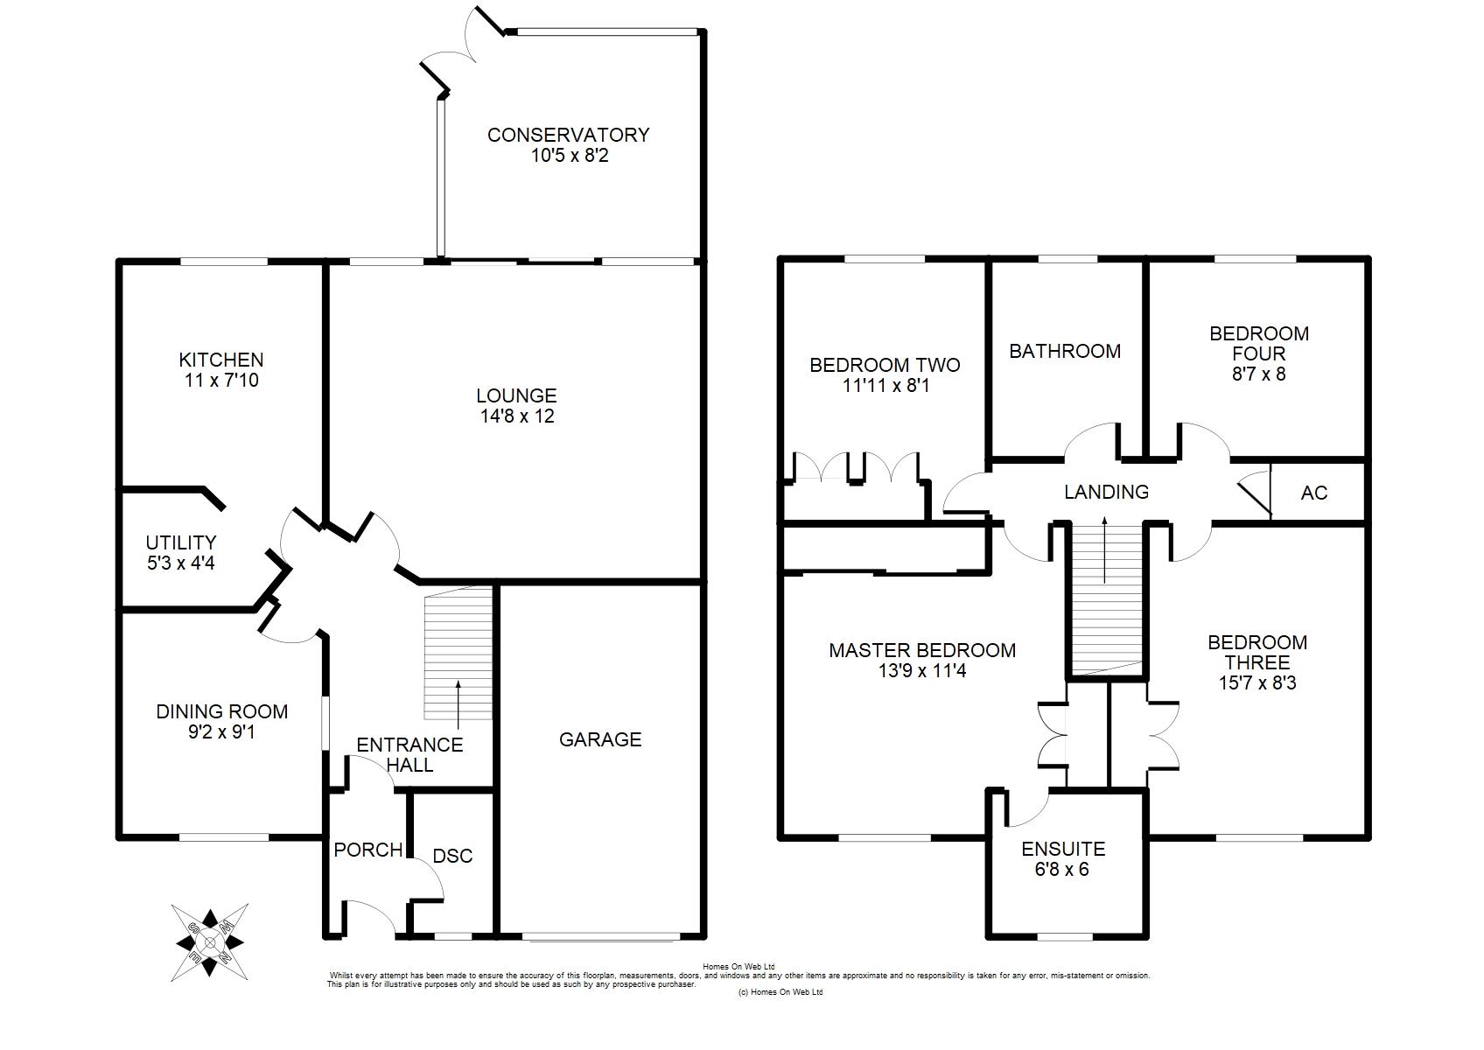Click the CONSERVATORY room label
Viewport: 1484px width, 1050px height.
tap(569, 135)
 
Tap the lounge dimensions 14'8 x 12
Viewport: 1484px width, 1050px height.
tap(517, 416)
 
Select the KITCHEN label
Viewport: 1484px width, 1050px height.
tap(221, 360)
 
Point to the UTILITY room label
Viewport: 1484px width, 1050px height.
tap(181, 542)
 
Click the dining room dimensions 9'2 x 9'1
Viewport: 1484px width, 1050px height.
tap(222, 732)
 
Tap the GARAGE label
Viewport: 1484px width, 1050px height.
tap(600, 739)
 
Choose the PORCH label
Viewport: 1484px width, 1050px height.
tap(368, 850)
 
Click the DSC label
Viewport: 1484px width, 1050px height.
tap(452, 856)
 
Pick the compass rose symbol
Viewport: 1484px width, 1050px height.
tap(209, 942)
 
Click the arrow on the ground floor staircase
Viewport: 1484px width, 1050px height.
tap(458, 705)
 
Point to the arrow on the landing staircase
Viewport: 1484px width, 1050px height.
tap(1104, 549)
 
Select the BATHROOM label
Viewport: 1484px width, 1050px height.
tap(1065, 351)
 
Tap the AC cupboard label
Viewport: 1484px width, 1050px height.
tap(1314, 493)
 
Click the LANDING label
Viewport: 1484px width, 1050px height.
tap(1106, 493)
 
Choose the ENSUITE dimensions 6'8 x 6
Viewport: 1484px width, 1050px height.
tap(1062, 869)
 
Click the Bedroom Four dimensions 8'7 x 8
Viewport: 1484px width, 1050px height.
tap(1259, 374)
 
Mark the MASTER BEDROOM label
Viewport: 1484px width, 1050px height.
tap(922, 650)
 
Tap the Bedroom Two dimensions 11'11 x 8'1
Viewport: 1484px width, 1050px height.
tap(885, 386)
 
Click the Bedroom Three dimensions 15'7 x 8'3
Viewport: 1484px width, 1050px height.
tap(1257, 683)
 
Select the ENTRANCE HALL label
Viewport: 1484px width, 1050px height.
tap(410, 755)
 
